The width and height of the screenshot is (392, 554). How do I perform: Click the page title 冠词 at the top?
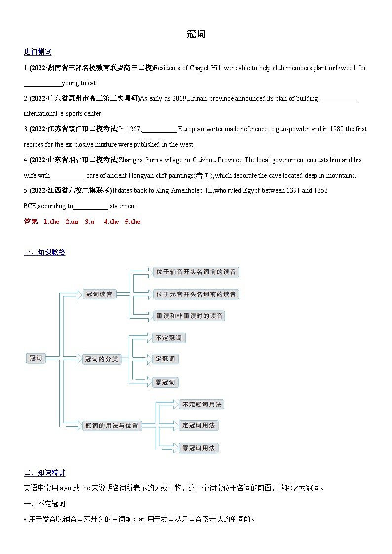point(196,34)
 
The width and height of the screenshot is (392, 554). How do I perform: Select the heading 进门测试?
point(38,52)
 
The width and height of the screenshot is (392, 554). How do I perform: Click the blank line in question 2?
point(338,99)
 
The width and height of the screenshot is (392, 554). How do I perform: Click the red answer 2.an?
point(72,222)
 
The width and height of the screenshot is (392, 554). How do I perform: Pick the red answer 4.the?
point(111,222)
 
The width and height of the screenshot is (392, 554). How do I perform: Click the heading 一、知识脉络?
point(44,252)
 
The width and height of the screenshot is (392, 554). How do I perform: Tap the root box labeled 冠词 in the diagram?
point(36,358)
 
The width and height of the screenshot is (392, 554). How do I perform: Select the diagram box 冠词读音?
point(99,295)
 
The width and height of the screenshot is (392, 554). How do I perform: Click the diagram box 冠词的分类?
point(101,359)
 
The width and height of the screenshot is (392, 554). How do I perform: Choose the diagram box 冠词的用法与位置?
point(112,425)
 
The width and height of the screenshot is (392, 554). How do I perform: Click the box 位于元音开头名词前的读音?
point(196,295)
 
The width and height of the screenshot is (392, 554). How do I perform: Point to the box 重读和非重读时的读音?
point(190,316)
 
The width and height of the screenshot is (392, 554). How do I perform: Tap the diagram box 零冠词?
point(165,382)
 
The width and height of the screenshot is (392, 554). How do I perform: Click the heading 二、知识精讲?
point(44,473)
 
